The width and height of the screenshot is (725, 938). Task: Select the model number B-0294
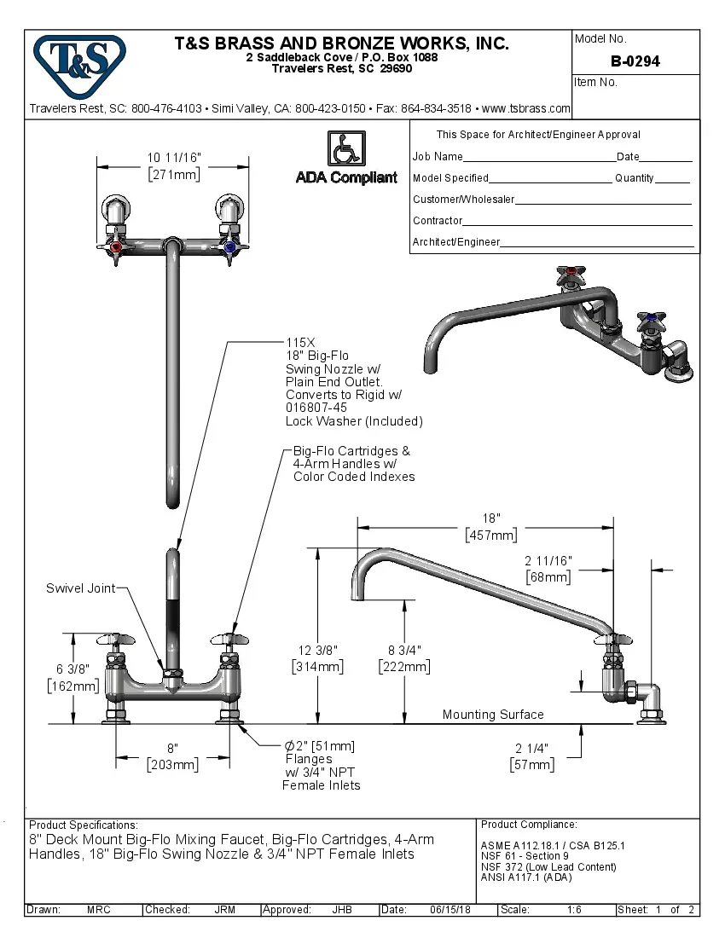[635, 61]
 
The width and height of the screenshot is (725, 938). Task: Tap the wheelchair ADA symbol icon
[346, 149]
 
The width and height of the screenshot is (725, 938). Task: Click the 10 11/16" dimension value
[173, 158]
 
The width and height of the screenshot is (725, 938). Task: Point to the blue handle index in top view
[229, 247]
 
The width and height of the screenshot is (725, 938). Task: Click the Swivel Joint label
[79, 589]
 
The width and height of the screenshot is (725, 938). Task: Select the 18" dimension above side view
[490, 518]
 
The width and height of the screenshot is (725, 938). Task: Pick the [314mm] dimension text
[317, 667]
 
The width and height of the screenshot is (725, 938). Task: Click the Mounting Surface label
[492, 715]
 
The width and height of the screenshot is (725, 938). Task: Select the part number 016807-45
[316, 408]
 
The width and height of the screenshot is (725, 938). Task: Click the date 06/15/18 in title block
[450, 910]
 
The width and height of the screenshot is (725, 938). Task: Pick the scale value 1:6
[575, 910]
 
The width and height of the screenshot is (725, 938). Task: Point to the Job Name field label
[438, 157]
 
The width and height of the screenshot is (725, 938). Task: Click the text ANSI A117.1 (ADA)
[526, 877]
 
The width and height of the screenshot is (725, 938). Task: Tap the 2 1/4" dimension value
[531, 748]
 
